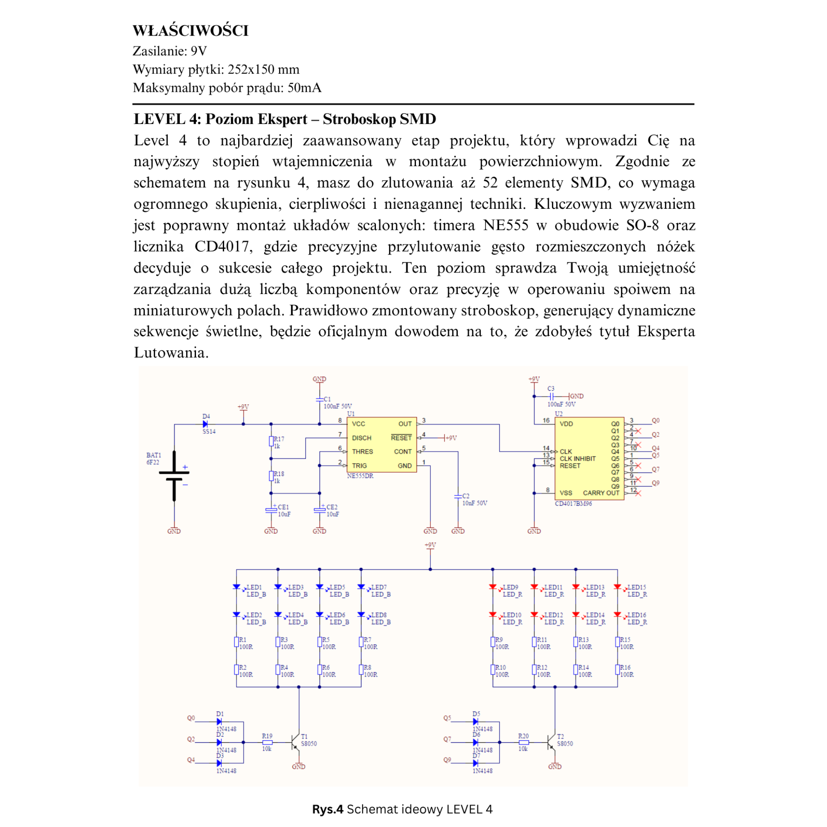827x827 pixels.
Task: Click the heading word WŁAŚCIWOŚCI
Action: (191, 31)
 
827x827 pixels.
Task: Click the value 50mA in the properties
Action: (304, 88)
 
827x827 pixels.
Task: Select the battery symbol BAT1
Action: (174, 476)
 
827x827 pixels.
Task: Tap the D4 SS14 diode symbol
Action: (205, 424)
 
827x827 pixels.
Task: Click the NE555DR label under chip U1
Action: (360, 476)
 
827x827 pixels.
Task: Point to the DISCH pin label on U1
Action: (362, 438)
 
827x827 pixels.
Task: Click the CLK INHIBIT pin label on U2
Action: (577, 459)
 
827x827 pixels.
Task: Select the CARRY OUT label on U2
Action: (601, 493)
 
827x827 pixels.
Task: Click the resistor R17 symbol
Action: (271, 441)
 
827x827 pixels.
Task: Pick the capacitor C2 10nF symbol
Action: (458, 497)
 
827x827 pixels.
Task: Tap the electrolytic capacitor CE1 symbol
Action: (271, 510)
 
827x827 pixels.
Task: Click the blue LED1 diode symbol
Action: (236, 587)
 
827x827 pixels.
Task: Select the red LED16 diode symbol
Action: (617, 615)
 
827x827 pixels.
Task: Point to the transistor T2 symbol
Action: (551, 743)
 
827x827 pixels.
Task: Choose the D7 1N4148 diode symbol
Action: (475, 763)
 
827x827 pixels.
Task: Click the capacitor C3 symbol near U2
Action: (552, 397)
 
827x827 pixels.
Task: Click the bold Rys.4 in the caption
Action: (327, 809)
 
